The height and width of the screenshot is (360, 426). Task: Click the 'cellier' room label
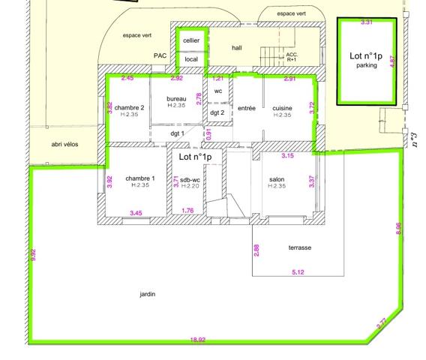point(191,40)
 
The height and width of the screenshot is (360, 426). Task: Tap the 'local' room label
point(191,59)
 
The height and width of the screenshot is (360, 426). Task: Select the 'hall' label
point(237,48)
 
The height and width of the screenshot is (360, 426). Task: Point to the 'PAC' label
point(160,55)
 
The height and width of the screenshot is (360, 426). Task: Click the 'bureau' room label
point(176,99)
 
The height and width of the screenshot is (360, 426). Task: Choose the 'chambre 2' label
point(129,107)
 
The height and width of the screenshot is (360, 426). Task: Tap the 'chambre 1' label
point(140,178)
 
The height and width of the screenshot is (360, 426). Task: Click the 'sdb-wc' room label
point(190,180)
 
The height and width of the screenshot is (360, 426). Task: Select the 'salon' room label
point(277,179)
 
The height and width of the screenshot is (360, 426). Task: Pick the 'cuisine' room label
point(282,108)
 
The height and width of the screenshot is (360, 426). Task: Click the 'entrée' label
point(247,108)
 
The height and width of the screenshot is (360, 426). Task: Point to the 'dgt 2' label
point(217,112)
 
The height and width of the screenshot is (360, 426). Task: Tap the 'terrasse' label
point(300,247)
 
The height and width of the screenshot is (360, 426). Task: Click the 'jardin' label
point(148,294)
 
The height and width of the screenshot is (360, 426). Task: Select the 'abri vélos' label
point(64,144)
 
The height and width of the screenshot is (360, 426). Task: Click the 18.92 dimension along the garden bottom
point(198,340)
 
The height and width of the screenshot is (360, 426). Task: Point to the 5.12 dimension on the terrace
point(298,272)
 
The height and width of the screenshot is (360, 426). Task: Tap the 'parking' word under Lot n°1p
point(367,65)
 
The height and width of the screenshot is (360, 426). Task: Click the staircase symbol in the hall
point(270,56)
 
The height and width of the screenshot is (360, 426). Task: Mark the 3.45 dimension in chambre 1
point(136,213)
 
